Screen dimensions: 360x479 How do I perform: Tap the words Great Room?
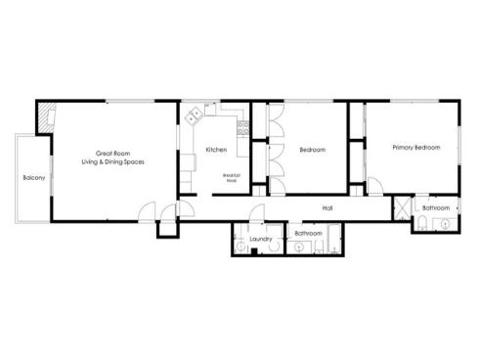113,153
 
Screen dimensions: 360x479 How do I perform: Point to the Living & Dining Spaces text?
113,161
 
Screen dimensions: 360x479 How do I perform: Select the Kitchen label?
217,150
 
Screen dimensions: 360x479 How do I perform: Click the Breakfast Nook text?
232,177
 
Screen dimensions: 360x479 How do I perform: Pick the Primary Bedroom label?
415,148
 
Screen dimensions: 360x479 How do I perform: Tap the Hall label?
327,208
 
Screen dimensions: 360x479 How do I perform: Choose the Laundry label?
260,239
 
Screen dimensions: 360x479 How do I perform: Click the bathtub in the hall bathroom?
334,239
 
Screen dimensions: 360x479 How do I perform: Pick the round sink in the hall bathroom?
299,248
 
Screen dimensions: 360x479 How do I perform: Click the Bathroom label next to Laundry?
309,234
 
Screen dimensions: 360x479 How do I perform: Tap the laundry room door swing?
257,217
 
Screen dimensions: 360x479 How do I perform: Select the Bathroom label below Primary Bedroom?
436,208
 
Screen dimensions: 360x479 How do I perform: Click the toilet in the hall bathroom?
317,249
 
